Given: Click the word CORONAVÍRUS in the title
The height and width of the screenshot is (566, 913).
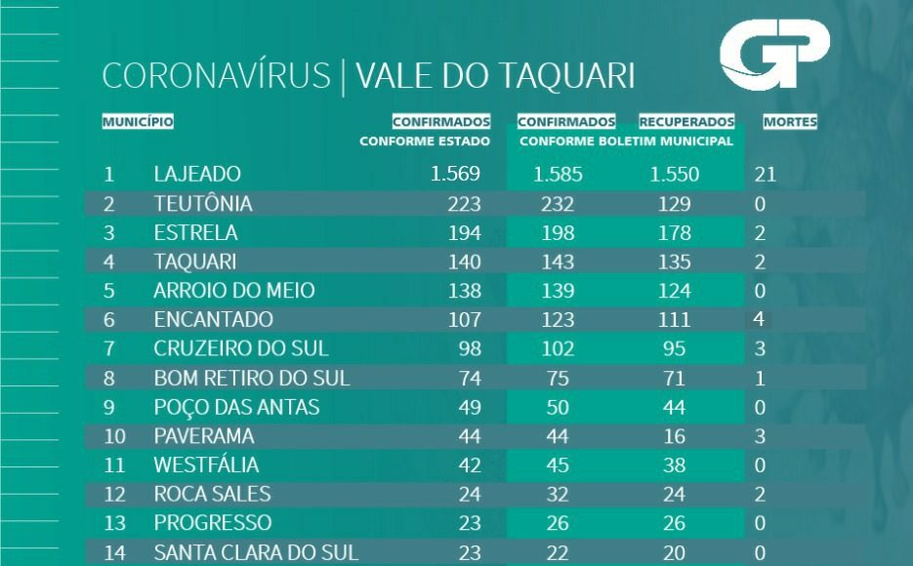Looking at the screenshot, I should pyautogui.click(x=216, y=77).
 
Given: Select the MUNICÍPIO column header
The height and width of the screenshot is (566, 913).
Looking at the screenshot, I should pyautogui.click(x=138, y=123).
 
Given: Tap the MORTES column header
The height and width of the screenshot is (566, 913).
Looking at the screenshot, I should pyautogui.click(x=790, y=123).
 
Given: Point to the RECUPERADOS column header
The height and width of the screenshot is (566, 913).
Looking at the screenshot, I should pyautogui.click(x=686, y=123).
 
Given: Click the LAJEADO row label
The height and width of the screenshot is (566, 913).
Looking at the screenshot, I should pyautogui.click(x=197, y=175).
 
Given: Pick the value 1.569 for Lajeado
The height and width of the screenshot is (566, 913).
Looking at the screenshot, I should pyautogui.click(x=455, y=175).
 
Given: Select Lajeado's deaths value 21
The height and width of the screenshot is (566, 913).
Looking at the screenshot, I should pyautogui.click(x=766, y=176).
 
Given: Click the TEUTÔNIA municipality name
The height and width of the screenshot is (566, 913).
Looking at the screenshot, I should pyautogui.click(x=203, y=204).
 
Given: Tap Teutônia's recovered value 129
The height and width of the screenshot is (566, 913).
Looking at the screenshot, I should pyautogui.click(x=673, y=204).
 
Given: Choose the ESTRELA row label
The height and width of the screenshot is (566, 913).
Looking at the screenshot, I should pyautogui.click(x=195, y=233).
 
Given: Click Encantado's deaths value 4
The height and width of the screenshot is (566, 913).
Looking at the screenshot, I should pyautogui.click(x=760, y=319).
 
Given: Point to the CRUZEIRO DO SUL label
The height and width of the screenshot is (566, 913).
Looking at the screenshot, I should pyautogui.click(x=241, y=348).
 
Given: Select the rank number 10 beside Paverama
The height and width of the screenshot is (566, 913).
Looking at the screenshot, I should pyautogui.click(x=114, y=435).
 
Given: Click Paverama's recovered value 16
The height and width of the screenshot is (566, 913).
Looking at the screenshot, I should pyautogui.click(x=673, y=435).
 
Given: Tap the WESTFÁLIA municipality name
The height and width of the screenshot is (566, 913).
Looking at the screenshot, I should pyautogui.click(x=206, y=465).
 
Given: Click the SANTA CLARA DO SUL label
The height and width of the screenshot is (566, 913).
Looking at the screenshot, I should pyautogui.click(x=256, y=552).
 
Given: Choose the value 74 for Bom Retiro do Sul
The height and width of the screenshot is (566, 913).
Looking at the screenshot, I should pyautogui.click(x=469, y=378).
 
